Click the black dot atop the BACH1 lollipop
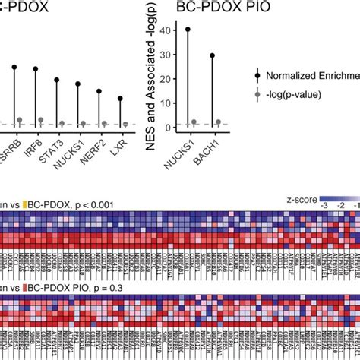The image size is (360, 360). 212,55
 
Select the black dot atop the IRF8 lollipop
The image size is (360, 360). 36,69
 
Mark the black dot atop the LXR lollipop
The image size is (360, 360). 120,98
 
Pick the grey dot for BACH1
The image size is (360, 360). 219,122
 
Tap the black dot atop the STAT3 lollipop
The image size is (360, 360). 57,80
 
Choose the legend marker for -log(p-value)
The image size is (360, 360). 260,94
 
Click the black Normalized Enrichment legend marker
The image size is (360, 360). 260,75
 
